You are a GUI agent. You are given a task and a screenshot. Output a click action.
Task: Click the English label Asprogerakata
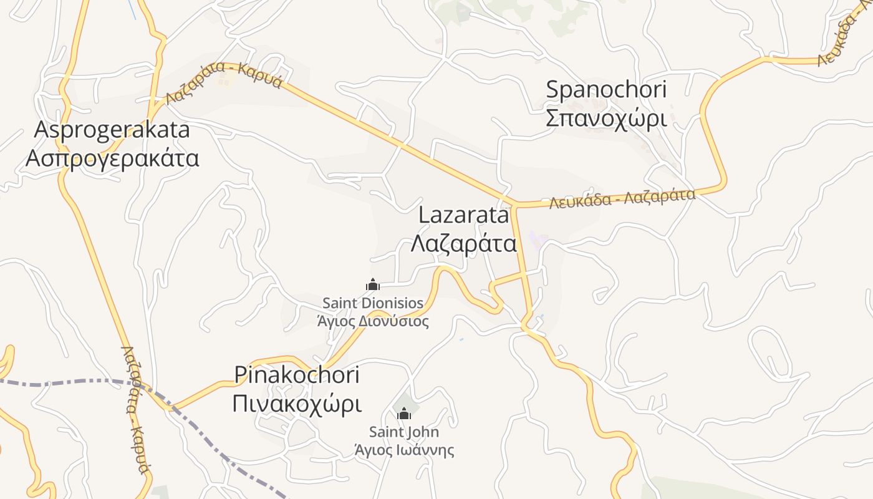point(112,130)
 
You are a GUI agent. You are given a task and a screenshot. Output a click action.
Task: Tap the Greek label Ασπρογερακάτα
point(112,158)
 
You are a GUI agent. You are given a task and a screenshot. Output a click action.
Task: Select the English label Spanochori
point(606,90)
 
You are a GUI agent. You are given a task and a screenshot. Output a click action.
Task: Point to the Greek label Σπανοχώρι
point(606,118)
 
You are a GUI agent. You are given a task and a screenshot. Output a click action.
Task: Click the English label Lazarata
point(464,215)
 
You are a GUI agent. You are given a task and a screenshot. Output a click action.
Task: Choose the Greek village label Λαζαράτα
point(464,243)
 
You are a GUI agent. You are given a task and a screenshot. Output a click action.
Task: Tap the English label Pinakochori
point(297,375)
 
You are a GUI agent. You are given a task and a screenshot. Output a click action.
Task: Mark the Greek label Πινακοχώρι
point(297,404)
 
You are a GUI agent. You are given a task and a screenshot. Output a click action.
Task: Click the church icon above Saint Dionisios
point(373,285)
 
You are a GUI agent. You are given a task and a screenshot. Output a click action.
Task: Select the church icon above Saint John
point(404,414)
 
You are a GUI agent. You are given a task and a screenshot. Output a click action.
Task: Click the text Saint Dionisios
point(373,304)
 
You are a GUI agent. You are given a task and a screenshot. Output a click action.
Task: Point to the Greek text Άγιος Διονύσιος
point(373,322)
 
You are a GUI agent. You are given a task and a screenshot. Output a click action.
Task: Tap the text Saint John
point(404,432)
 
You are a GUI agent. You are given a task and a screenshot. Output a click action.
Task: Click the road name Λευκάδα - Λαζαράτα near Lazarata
point(622,199)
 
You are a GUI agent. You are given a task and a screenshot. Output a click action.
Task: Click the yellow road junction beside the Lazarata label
point(516,205)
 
